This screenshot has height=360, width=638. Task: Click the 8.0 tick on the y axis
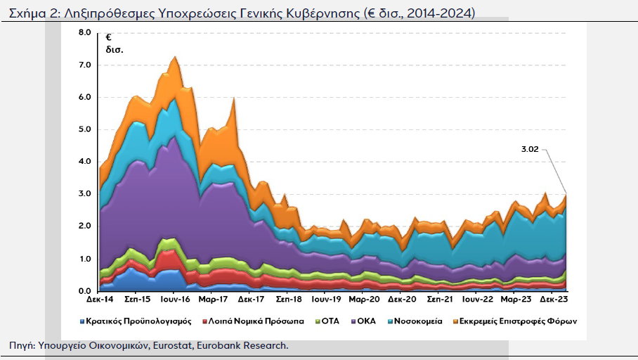click(x=84, y=33)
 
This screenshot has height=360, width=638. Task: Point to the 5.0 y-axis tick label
click(x=84, y=129)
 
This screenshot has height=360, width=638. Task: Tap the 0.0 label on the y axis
click(x=84, y=291)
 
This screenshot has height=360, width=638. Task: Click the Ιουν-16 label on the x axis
click(x=174, y=300)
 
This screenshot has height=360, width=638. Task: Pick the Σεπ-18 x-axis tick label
click(x=289, y=300)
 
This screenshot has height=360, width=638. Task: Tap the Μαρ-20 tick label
click(x=365, y=300)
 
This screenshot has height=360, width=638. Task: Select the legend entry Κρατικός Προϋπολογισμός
click(x=138, y=321)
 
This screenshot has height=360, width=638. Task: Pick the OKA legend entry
click(x=365, y=321)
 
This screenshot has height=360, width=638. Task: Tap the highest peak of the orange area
click(x=174, y=57)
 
